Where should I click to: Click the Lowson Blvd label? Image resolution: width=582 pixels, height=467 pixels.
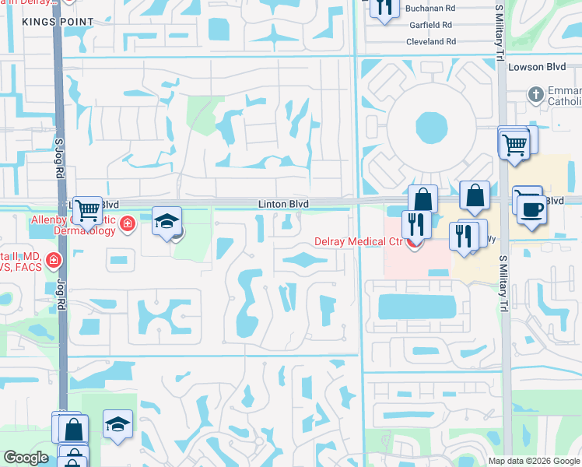(534, 67)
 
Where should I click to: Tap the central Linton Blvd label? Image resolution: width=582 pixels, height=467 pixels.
(284, 204)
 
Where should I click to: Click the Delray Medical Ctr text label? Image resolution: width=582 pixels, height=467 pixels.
(357, 241)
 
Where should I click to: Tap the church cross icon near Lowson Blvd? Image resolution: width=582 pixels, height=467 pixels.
(535, 95)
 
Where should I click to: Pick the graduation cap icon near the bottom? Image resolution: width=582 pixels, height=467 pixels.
(117, 423)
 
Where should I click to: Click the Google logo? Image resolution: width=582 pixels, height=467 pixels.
(26, 458)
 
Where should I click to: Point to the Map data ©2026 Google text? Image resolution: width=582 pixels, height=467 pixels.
(533, 461)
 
